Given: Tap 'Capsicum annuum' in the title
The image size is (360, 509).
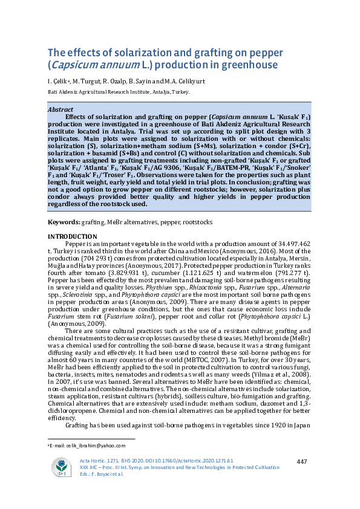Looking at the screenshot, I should (91, 65).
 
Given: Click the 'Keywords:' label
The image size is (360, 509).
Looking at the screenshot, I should (62, 222).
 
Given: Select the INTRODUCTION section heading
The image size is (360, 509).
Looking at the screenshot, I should (72, 236).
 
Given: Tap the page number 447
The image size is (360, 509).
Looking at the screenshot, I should (303, 461).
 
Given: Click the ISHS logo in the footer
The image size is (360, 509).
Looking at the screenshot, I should (61, 467).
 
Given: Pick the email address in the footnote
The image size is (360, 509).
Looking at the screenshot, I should (90, 446).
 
